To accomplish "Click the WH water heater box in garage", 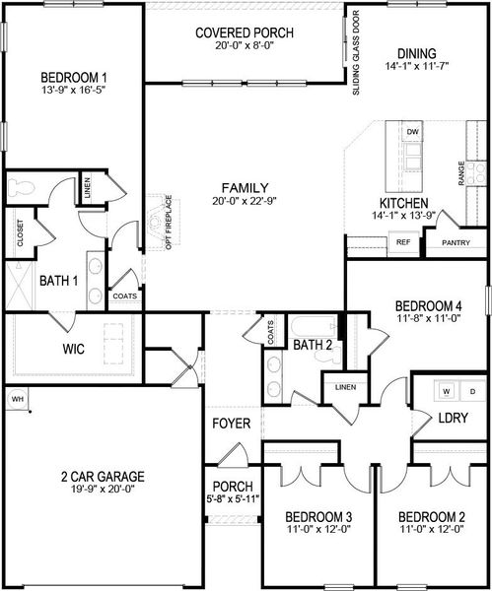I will (x=17, y=398).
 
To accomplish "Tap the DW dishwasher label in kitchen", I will (x=413, y=132).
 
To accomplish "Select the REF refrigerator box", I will (x=402, y=241).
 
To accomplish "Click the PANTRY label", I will (x=456, y=242).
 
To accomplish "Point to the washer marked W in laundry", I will (x=447, y=392).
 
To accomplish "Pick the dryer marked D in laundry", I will (x=471, y=392).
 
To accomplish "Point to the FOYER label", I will (x=230, y=424).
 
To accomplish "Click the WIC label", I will (x=46, y=349).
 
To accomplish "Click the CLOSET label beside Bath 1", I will (x=20, y=233).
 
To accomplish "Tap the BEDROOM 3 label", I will (x=318, y=517).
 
